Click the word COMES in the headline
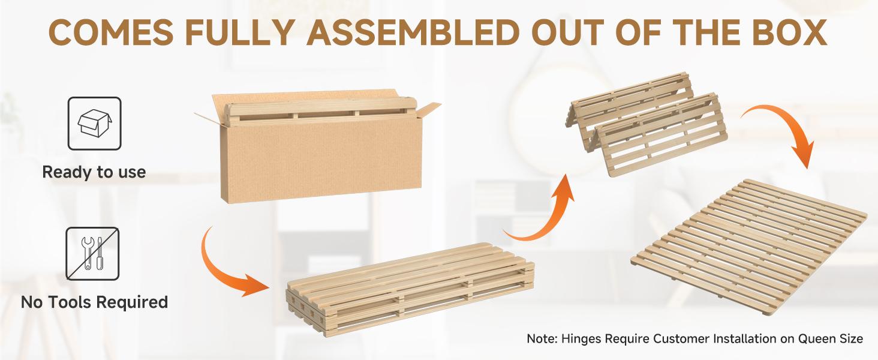point(111,32)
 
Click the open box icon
point(95,124)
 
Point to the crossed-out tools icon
point(92,254)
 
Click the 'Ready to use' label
point(94,172)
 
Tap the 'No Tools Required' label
point(95,302)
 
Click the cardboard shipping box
point(317,147)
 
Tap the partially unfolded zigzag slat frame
point(646,124)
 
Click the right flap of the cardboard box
point(428,110)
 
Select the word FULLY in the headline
point(240,32)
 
